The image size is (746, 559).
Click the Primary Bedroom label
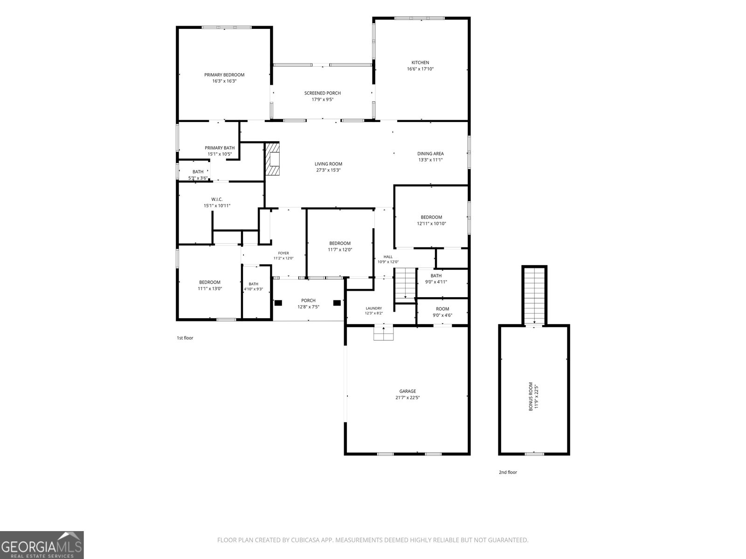click(224, 75)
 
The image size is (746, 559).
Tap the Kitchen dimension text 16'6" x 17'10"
click(420, 69)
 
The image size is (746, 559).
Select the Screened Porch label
click(322, 93)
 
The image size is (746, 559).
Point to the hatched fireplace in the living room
click(272, 159)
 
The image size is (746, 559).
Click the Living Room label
click(328, 164)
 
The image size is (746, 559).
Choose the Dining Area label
click(430, 153)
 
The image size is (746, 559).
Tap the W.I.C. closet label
click(217, 199)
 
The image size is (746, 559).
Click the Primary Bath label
click(220, 148)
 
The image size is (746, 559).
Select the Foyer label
click(283, 253)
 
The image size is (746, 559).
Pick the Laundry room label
click(373, 308)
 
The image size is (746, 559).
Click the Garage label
click(408, 391)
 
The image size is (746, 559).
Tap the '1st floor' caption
click(185, 338)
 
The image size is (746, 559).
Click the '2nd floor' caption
click(508, 472)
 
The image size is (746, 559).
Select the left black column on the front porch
click(278, 303)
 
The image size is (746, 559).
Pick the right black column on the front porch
click(337, 303)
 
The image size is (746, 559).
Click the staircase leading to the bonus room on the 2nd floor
click(534, 296)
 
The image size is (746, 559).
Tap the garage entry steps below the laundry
click(383, 333)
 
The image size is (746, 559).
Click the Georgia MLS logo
click(42, 545)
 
